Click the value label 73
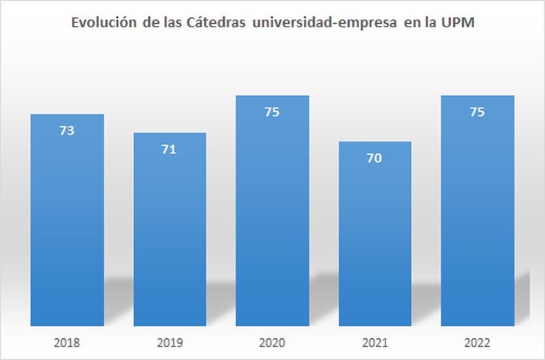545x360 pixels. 67,131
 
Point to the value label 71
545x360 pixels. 169,149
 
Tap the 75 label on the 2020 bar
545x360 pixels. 272,112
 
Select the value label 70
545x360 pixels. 374,158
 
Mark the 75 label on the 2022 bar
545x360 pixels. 478,112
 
